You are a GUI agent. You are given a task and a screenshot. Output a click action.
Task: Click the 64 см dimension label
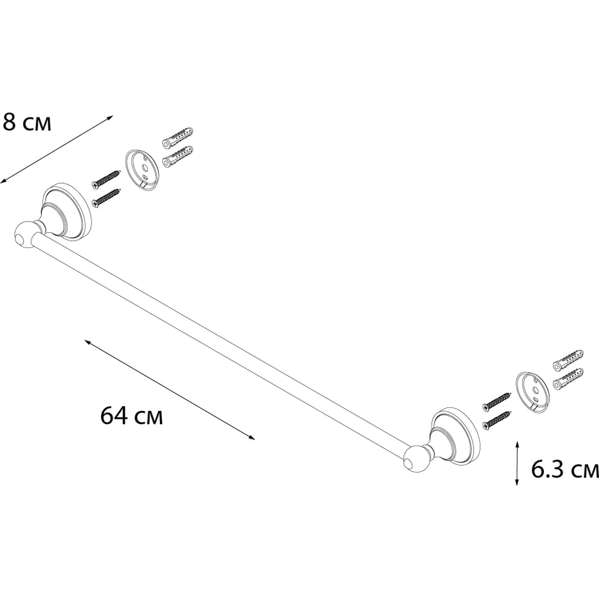tap(132, 416)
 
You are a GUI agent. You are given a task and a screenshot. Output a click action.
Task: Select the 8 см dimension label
tap(26, 122)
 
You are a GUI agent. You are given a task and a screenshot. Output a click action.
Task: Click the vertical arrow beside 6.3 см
tap(517, 463)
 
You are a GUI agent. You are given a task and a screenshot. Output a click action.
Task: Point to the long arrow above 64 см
tap(170, 390)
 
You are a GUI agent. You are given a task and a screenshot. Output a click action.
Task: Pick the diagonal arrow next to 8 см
tap(56, 149)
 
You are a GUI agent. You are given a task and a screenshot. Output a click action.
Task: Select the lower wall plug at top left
tap(178, 156)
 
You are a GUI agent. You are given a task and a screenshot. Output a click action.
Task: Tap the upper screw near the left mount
tap(107, 179)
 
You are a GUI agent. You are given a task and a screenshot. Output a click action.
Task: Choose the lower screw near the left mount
tap(107, 198)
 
